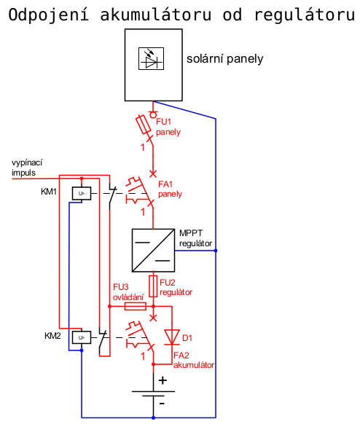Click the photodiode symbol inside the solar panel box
[x=151, y=58]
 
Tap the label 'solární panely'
[x=224, y=59]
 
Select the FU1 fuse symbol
[x=144, y=125]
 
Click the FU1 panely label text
[x=168, y=127]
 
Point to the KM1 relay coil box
[x=82, y=193]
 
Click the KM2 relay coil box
[x=82, y=337]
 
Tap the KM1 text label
[x=49, y=192]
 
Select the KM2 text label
[x=52, y=336]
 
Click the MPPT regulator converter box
[x=153, y=251]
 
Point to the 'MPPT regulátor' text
[x=195, y=238]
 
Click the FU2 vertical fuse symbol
[x=153, y=286]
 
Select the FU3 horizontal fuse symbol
[x=136, y=307]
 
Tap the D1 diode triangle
[x=172, y=337]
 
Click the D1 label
[x=187, y=338]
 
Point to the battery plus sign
[x=163, y=380]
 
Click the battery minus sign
[x=162, y=404]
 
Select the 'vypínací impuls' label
[x=27, y=168]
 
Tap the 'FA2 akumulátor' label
[x=194, y=360]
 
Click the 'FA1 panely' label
[x=170, y=189]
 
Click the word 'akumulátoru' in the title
[x=156, y=15]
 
